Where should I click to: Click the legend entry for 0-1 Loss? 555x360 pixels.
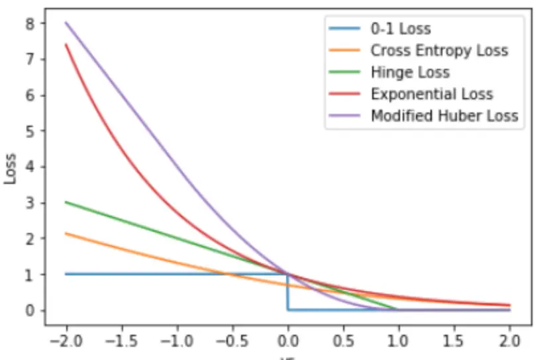click(400, 28)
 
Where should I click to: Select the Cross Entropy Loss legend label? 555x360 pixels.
click(439, 50)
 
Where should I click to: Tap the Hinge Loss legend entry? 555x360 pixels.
click(410, 72)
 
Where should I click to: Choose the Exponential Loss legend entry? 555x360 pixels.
click(432, 94)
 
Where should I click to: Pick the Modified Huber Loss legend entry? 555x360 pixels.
click(444, 116)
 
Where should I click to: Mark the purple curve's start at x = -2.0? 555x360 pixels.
click(66, 22)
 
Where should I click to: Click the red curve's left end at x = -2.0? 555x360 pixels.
click(66, 44)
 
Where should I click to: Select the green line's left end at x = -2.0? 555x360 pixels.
click(66, 202)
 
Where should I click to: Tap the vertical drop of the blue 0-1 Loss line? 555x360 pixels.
click(287, 292)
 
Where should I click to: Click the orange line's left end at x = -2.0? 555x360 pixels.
click(66, 233)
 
